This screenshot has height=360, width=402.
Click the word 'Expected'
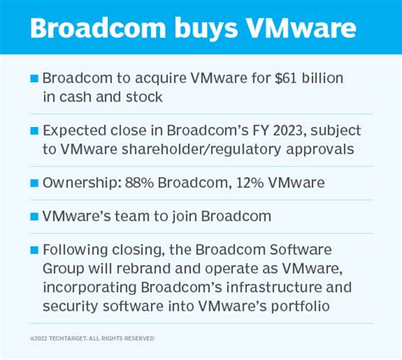(75, 131)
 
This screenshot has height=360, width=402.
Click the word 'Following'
(77, 249)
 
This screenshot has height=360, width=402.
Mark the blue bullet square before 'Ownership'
(34, 184)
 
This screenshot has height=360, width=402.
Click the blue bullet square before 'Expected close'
(34, 131)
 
